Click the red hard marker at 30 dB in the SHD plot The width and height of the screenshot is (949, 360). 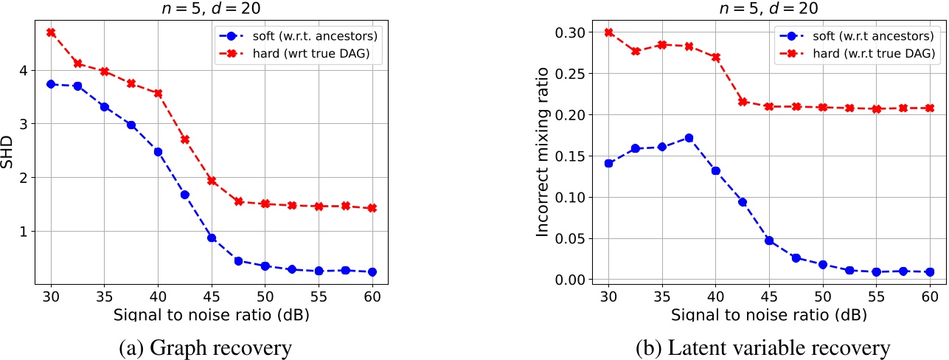point(51,32)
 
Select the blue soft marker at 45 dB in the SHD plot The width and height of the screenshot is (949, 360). point(212,238)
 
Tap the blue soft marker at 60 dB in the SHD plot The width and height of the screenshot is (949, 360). point(372,272)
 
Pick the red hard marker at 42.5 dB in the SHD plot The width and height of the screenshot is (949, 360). point(185,139)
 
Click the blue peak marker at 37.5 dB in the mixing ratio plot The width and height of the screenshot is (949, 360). point(689,138)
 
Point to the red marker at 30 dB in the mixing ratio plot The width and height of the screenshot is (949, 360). point(608,32)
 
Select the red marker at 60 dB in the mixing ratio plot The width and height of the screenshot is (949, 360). point(930,108)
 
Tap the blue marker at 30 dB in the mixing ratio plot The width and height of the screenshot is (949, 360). point(608,163)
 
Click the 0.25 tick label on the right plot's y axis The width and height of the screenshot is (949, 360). point(575,74)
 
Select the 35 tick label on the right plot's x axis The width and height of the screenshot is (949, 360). point(661,296)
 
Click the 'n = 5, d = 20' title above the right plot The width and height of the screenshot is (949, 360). point(768,9)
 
